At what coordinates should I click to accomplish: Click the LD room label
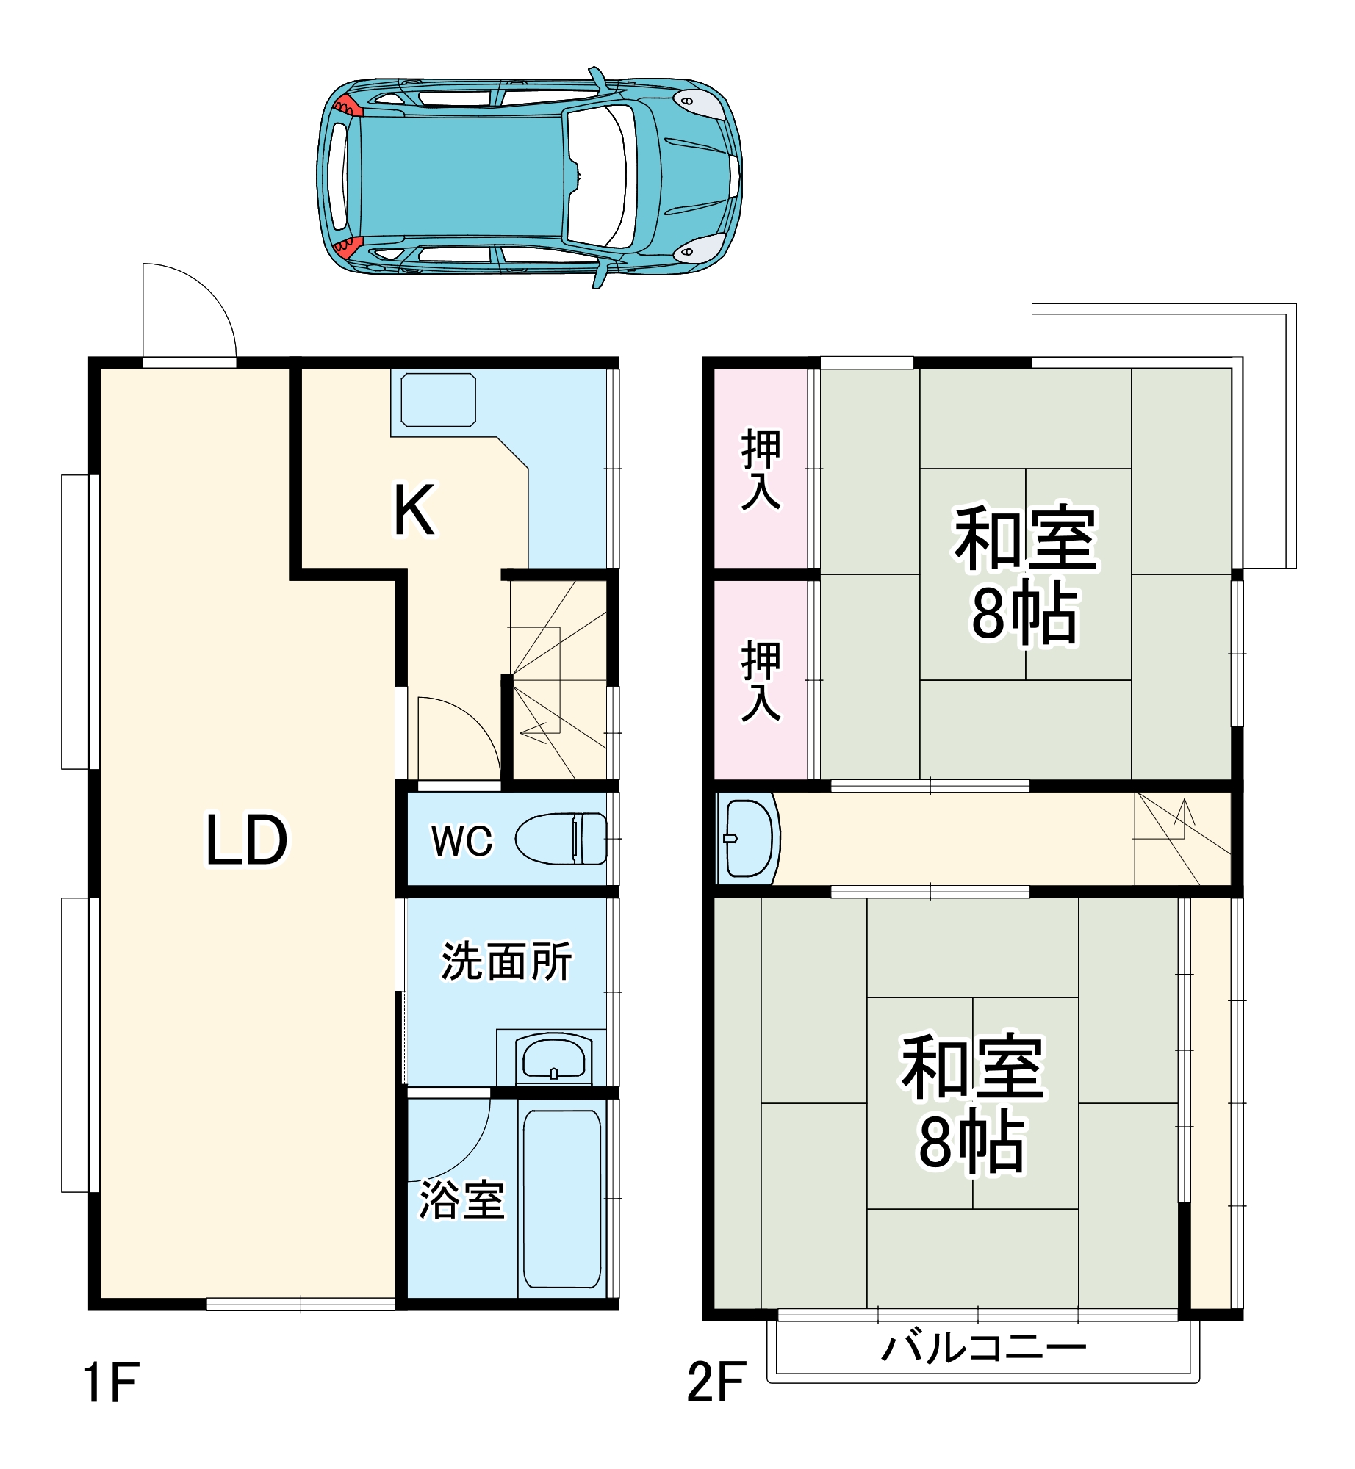pyautogui.click(x=246, y=840)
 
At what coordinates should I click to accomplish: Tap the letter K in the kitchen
pyautogui.click(x=414, y=510)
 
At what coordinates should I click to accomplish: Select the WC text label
pyautogui.click(x=461, y=841)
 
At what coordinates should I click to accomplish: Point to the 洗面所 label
pyautogui.click(x=506, y=961)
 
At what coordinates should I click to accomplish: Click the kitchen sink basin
pyautogui.click(x=438, y=400)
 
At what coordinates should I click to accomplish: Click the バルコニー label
pyautogui.click(x=983, y=1349)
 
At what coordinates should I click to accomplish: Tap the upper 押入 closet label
pyautogui.click(x=761, y=469)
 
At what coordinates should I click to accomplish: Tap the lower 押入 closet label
pyautogui.click(x=761, y=681)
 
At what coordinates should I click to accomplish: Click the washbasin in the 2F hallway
pyautogui.click(x=749, y=838)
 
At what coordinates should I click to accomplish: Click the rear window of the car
pyautogui.click(x=339, y=176)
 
